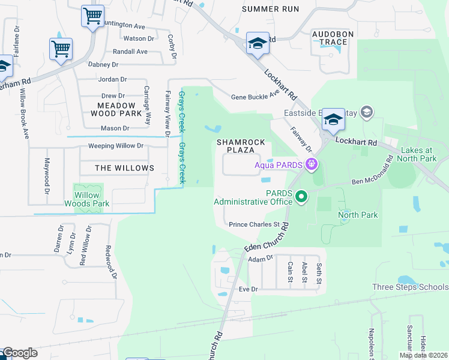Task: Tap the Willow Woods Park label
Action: (x=87, y=199)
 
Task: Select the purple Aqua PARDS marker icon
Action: (x=311, y=164)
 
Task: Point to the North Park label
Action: (x=358, y=215)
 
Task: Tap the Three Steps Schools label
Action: (x=410, y=287)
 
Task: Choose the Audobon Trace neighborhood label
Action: (x=329, y=38)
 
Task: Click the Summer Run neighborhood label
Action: (x=270, y=9)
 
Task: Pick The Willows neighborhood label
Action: (x=124, y=168)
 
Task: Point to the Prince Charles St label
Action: (x=255, y=225)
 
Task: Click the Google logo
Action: (x=19, y=353)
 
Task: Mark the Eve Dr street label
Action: (x=247, y=289)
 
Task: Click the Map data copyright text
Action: (x=423, y=355)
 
